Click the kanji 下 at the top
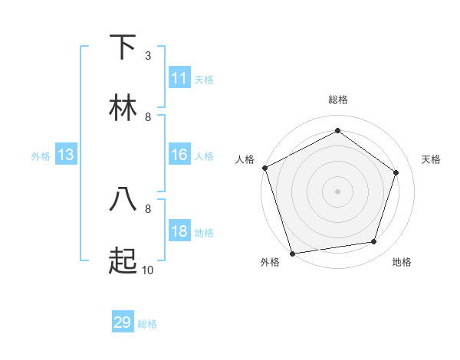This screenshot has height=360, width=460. [x=123, y=47]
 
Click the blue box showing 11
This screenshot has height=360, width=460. [x=179, y=78]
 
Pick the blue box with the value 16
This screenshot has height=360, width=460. [x=179, y=155]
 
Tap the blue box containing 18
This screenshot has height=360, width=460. [x=179, y=232]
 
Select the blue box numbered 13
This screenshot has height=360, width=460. [x=66, y=155]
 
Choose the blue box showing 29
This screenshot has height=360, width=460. [x=123, y=322]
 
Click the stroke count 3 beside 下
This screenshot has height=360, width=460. [x=148, y=56]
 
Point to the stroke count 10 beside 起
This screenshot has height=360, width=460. [x=148, y=270]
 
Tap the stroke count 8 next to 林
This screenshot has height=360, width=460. [x=148, y=117]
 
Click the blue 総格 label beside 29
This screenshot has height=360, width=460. [x=147, y=324]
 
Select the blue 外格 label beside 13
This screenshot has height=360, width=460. [x=41, y=156]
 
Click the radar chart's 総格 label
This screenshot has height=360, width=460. [x=337, y=100]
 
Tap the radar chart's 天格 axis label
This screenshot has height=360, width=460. [x=431, y=159]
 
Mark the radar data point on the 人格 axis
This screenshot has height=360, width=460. [x=264, y=168]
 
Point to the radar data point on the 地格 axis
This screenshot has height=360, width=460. [x=374, y=242]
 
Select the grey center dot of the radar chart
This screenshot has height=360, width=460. [x=337, y=191]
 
